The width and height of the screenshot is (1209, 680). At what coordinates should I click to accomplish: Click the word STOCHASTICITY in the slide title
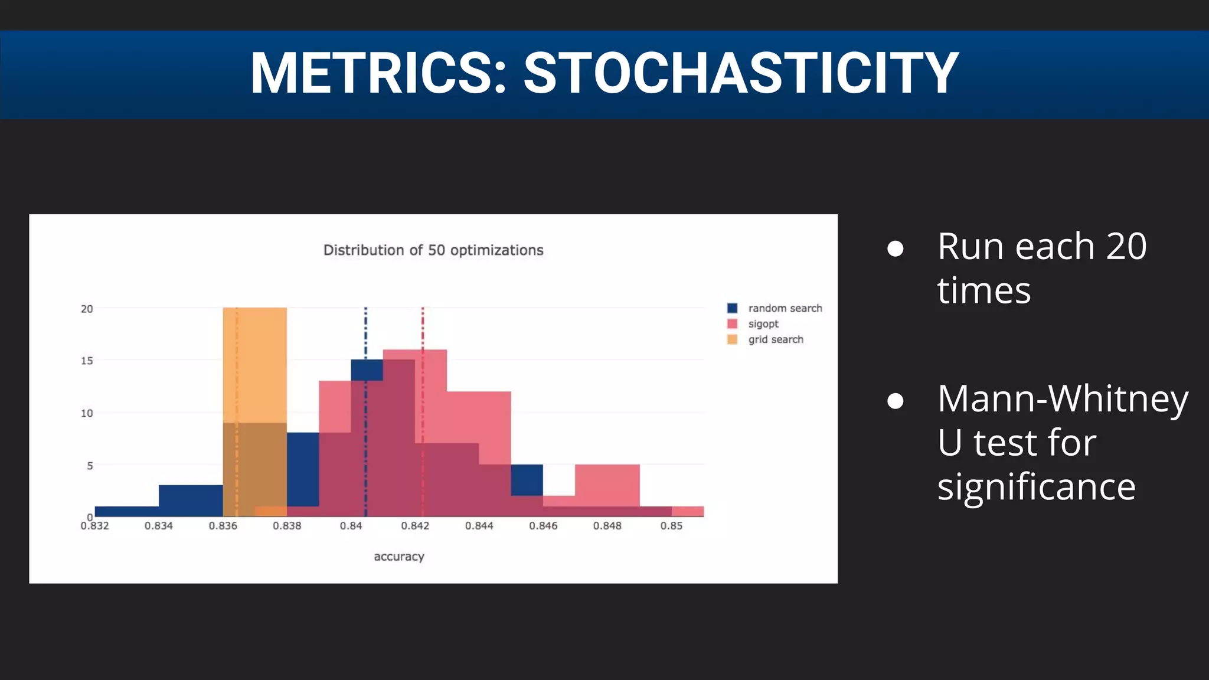[741, 73]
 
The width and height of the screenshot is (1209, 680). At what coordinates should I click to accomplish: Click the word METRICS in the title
[378, 73]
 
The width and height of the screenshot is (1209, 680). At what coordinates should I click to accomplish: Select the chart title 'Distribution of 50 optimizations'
[433, 250]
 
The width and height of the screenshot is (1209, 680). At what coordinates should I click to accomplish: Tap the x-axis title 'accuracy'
[399, 557]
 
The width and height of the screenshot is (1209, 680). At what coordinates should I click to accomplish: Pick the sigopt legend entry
[763, 324]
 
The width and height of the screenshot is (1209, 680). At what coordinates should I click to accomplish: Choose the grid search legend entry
[775, 339]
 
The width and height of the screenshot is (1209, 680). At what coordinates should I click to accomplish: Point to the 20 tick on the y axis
[87, 309]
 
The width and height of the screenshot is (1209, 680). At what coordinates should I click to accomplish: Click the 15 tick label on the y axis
[87, 361]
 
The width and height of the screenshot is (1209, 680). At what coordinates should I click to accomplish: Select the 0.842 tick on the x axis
[415, 526]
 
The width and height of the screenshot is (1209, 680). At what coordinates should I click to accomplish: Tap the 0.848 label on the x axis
[607, 526]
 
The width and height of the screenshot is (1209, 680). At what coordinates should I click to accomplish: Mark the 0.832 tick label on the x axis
[94, 526]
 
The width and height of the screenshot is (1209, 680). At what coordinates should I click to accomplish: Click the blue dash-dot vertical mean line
[365, 331]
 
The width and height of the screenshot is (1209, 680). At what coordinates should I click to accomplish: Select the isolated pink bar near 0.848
[607, 484]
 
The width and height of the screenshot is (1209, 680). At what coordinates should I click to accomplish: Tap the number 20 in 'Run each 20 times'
[1126, 246]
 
